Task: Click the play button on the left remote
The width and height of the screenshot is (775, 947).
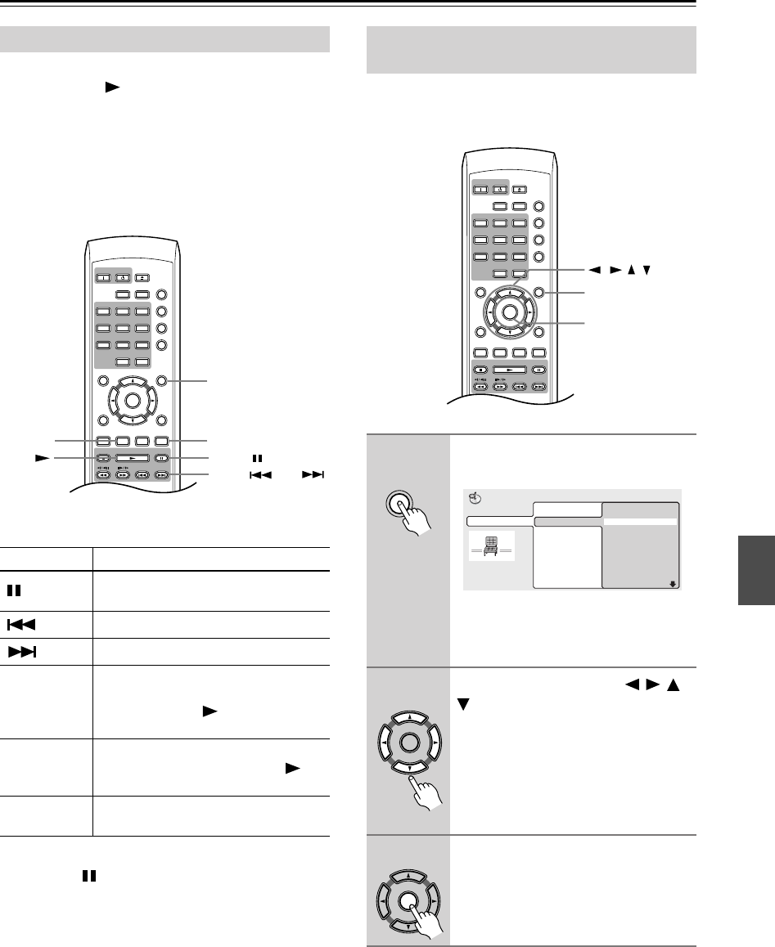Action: point(131,460)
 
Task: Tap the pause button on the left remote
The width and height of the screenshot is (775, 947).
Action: point(162,460)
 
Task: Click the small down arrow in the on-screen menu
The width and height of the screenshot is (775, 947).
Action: point(674,584)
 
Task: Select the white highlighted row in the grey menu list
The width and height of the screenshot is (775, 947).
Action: point(639,521)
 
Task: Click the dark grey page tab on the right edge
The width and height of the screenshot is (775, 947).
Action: point(756,570)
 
